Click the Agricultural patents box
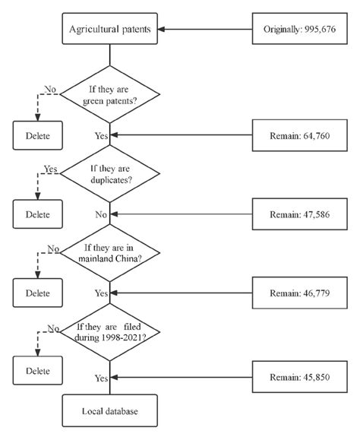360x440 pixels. tap(110, 30)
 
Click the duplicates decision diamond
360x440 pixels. tap(110, 176)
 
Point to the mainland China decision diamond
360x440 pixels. tap(110, 254)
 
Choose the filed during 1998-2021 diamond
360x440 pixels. tap(110, 332)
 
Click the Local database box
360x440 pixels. tap(110, 410)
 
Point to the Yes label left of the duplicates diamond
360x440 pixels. tap(51, 169)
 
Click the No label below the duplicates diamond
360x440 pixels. tap(101, 215)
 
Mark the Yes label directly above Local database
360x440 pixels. tap(101, 377)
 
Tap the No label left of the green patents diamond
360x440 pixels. tap(51, 90)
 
